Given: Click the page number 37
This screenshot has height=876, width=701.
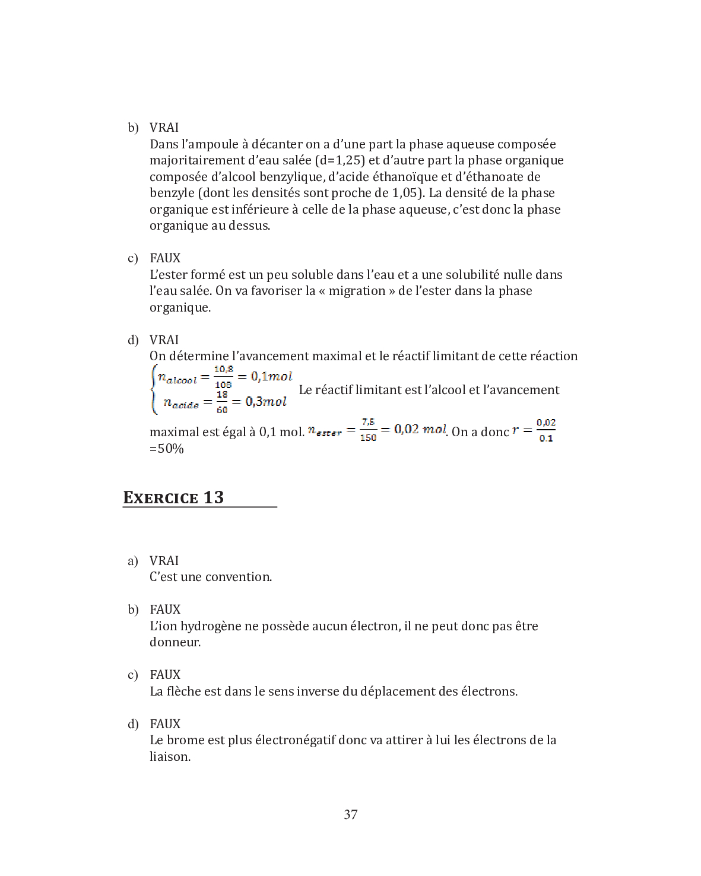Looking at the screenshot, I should pyautogui.click(x=350, y=814).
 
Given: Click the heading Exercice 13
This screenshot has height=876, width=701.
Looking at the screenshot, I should pyautogui.click(x=173, y=497).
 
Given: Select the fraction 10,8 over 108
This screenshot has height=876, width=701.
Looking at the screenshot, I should pyautogui.click(x=223, y=377).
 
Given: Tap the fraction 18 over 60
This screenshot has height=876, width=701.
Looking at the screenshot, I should pyautogui.click(x=222, y=402).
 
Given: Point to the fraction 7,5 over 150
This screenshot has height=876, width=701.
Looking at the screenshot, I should pyautogui.click(x=368, y=430).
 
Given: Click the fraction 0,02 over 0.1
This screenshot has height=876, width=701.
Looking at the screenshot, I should pyautogui.click(x=546, y=430).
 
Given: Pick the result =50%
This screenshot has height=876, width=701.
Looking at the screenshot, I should pyautogui.click(x=167, y=449).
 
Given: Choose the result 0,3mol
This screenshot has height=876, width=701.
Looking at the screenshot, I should pyautogui.click(x=266, y=402).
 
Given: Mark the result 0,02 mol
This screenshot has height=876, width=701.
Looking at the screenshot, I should pyautogui.click(x=420, y=429).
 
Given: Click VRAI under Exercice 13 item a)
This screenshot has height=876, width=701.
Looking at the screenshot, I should pyautogui.click(x=164, y=561).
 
